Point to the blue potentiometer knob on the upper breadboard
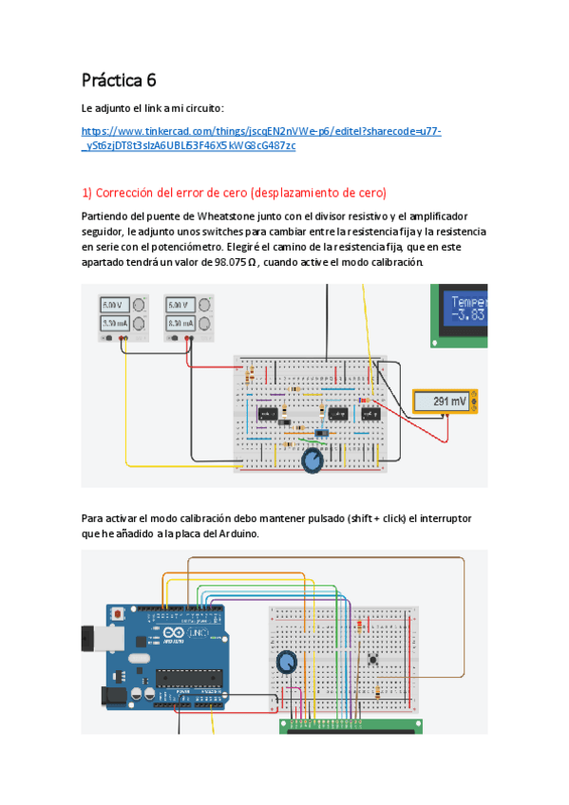click(x=312, y=461)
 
